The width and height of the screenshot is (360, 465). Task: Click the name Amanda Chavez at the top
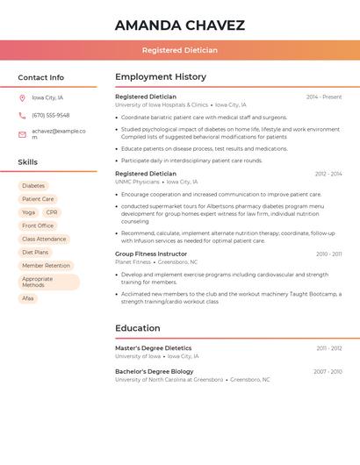click(x=180, y=25)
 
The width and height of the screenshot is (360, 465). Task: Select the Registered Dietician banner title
click(x=180, y=51)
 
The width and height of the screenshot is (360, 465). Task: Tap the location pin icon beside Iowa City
click(x=22, y=97)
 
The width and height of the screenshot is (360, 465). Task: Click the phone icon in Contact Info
click(x=22, y=115)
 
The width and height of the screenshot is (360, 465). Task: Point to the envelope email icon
click(x=22, y=134)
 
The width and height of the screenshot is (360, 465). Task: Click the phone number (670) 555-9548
click(x=50, y=115)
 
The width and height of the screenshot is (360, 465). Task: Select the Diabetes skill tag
click(x=33, y=186)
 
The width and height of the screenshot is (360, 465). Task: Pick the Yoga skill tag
click(x=28, y=212)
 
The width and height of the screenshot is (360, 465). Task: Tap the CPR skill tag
click(x=52, y=212)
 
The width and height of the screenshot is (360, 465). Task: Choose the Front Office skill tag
click(x=38, y=225)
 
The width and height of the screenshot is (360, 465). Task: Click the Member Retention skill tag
click(x=46, y=266)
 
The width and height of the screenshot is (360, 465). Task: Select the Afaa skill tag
click(x=28, y=298)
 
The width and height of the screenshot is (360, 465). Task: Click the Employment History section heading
click(x=161, y=77)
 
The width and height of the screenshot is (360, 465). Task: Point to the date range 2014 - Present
click(x=324, y=97)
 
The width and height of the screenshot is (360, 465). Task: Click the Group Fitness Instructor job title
click(x=151, y=254)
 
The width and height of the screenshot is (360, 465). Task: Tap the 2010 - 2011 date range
click(x=329, y=254)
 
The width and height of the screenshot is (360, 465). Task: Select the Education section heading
click(x=138, y=328)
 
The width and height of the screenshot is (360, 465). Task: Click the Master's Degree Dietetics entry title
click(x=153, y=348)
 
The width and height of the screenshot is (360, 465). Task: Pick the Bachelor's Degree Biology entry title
click(x=155, y=371)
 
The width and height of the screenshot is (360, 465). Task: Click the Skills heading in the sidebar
click(x=28, y=162)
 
